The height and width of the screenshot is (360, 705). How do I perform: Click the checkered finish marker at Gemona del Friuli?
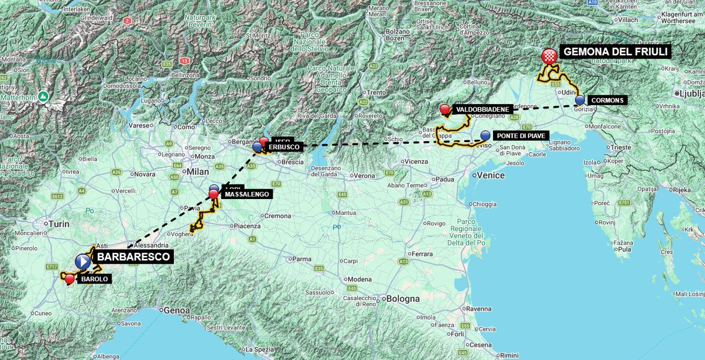549,56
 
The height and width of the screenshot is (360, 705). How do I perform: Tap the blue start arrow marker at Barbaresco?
83,260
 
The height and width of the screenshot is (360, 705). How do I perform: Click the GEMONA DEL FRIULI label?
616,52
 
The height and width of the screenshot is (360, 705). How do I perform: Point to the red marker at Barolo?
70,279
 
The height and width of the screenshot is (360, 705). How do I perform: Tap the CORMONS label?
608,100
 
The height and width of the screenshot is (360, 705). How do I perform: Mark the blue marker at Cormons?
580,100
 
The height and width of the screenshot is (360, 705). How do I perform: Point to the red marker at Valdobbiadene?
445,109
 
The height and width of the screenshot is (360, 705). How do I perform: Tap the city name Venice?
491,175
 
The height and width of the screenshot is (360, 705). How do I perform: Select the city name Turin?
59,224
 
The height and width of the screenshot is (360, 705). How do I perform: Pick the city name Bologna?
403,298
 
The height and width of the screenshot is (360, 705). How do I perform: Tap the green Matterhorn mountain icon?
43,96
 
